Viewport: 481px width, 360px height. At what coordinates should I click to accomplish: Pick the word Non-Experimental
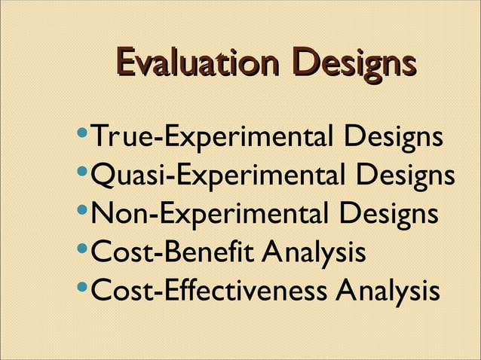point(209,214)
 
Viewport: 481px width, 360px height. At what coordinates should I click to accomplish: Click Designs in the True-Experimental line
point(392,140)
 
